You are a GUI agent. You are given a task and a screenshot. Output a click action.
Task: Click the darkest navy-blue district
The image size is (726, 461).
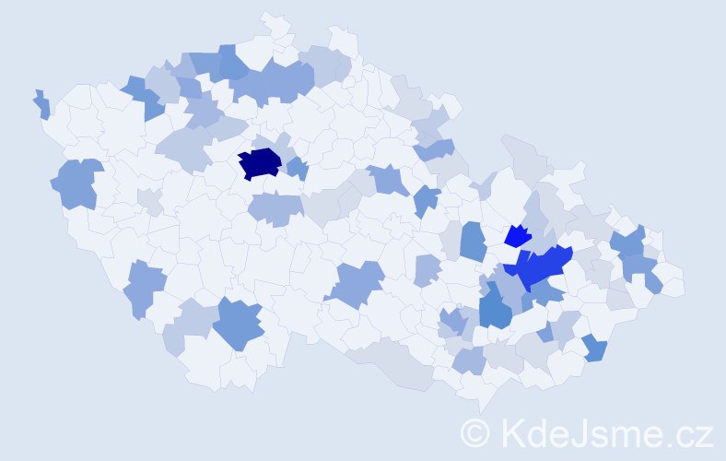click(x=260, y=163)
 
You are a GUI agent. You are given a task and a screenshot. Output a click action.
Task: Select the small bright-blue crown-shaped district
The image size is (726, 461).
click(x=518, y=237)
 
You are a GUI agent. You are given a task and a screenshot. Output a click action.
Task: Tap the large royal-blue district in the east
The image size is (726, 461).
click(x=538, y=268)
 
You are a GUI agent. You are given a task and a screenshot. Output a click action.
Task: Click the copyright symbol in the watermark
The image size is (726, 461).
click(x=475, y=433)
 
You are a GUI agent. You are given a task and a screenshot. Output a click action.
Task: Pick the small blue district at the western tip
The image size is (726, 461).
click(x=41, y=105)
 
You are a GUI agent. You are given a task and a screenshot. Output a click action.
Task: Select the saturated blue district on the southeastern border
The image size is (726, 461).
click(x=595, y=349)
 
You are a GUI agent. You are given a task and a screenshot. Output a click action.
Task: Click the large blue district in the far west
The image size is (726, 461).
click(x=77, y=183)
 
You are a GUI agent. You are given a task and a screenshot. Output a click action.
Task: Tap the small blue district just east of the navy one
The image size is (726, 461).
click(x=297, y=168)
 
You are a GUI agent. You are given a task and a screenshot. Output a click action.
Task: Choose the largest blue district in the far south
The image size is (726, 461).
click(x=240, y=324)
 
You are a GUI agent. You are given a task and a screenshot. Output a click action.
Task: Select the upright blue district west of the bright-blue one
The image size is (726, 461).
click(x=473, y=241)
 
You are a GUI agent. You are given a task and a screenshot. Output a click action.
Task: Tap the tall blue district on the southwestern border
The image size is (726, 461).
click(x=144, y=287)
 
